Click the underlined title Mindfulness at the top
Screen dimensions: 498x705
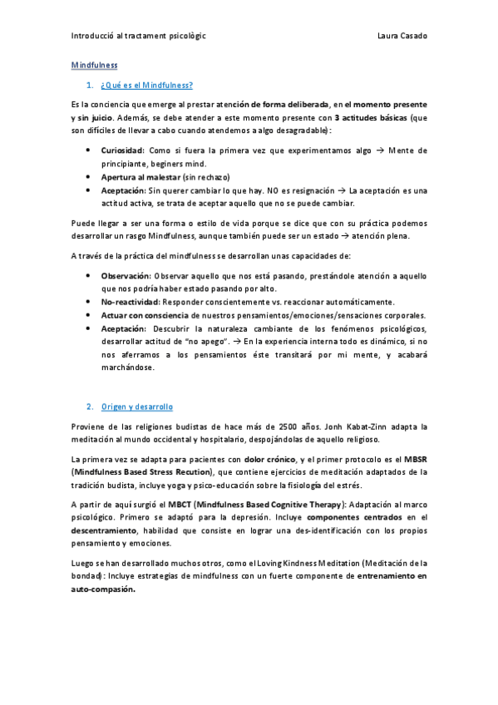tap(94, 65)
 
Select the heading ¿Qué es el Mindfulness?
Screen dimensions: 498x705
tap(145, 85)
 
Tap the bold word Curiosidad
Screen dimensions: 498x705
tap(122, 150)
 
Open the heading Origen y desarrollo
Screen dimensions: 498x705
tap(136, 407)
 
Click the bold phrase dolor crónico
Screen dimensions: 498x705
tap(269, 460)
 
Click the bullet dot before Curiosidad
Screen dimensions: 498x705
tap(89, 150)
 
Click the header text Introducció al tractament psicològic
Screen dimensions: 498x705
tap(139, 37)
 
